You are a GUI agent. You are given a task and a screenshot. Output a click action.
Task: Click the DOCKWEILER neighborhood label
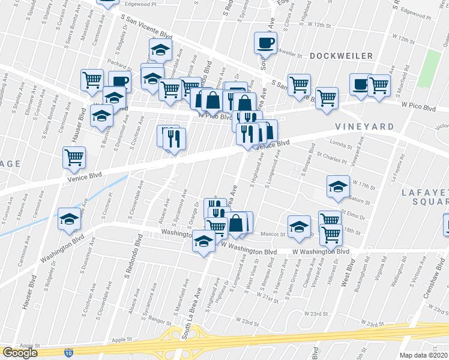click(342, 56)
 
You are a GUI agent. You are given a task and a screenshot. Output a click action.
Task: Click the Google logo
click(20, 353)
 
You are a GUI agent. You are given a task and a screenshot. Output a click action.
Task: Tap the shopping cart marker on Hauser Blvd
click(74, 158)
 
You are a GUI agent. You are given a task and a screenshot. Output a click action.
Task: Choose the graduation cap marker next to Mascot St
click(299, 226)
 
